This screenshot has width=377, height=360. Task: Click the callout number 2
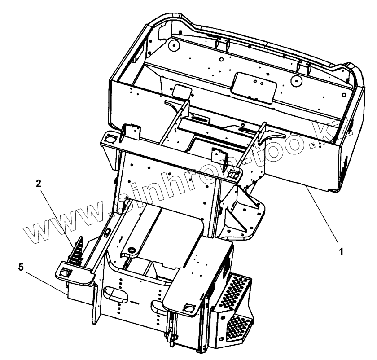click(39, 183)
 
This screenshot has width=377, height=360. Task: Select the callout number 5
click(20, 267)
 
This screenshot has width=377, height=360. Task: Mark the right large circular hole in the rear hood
click(295, 81)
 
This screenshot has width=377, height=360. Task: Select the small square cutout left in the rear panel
click(182, 92)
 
